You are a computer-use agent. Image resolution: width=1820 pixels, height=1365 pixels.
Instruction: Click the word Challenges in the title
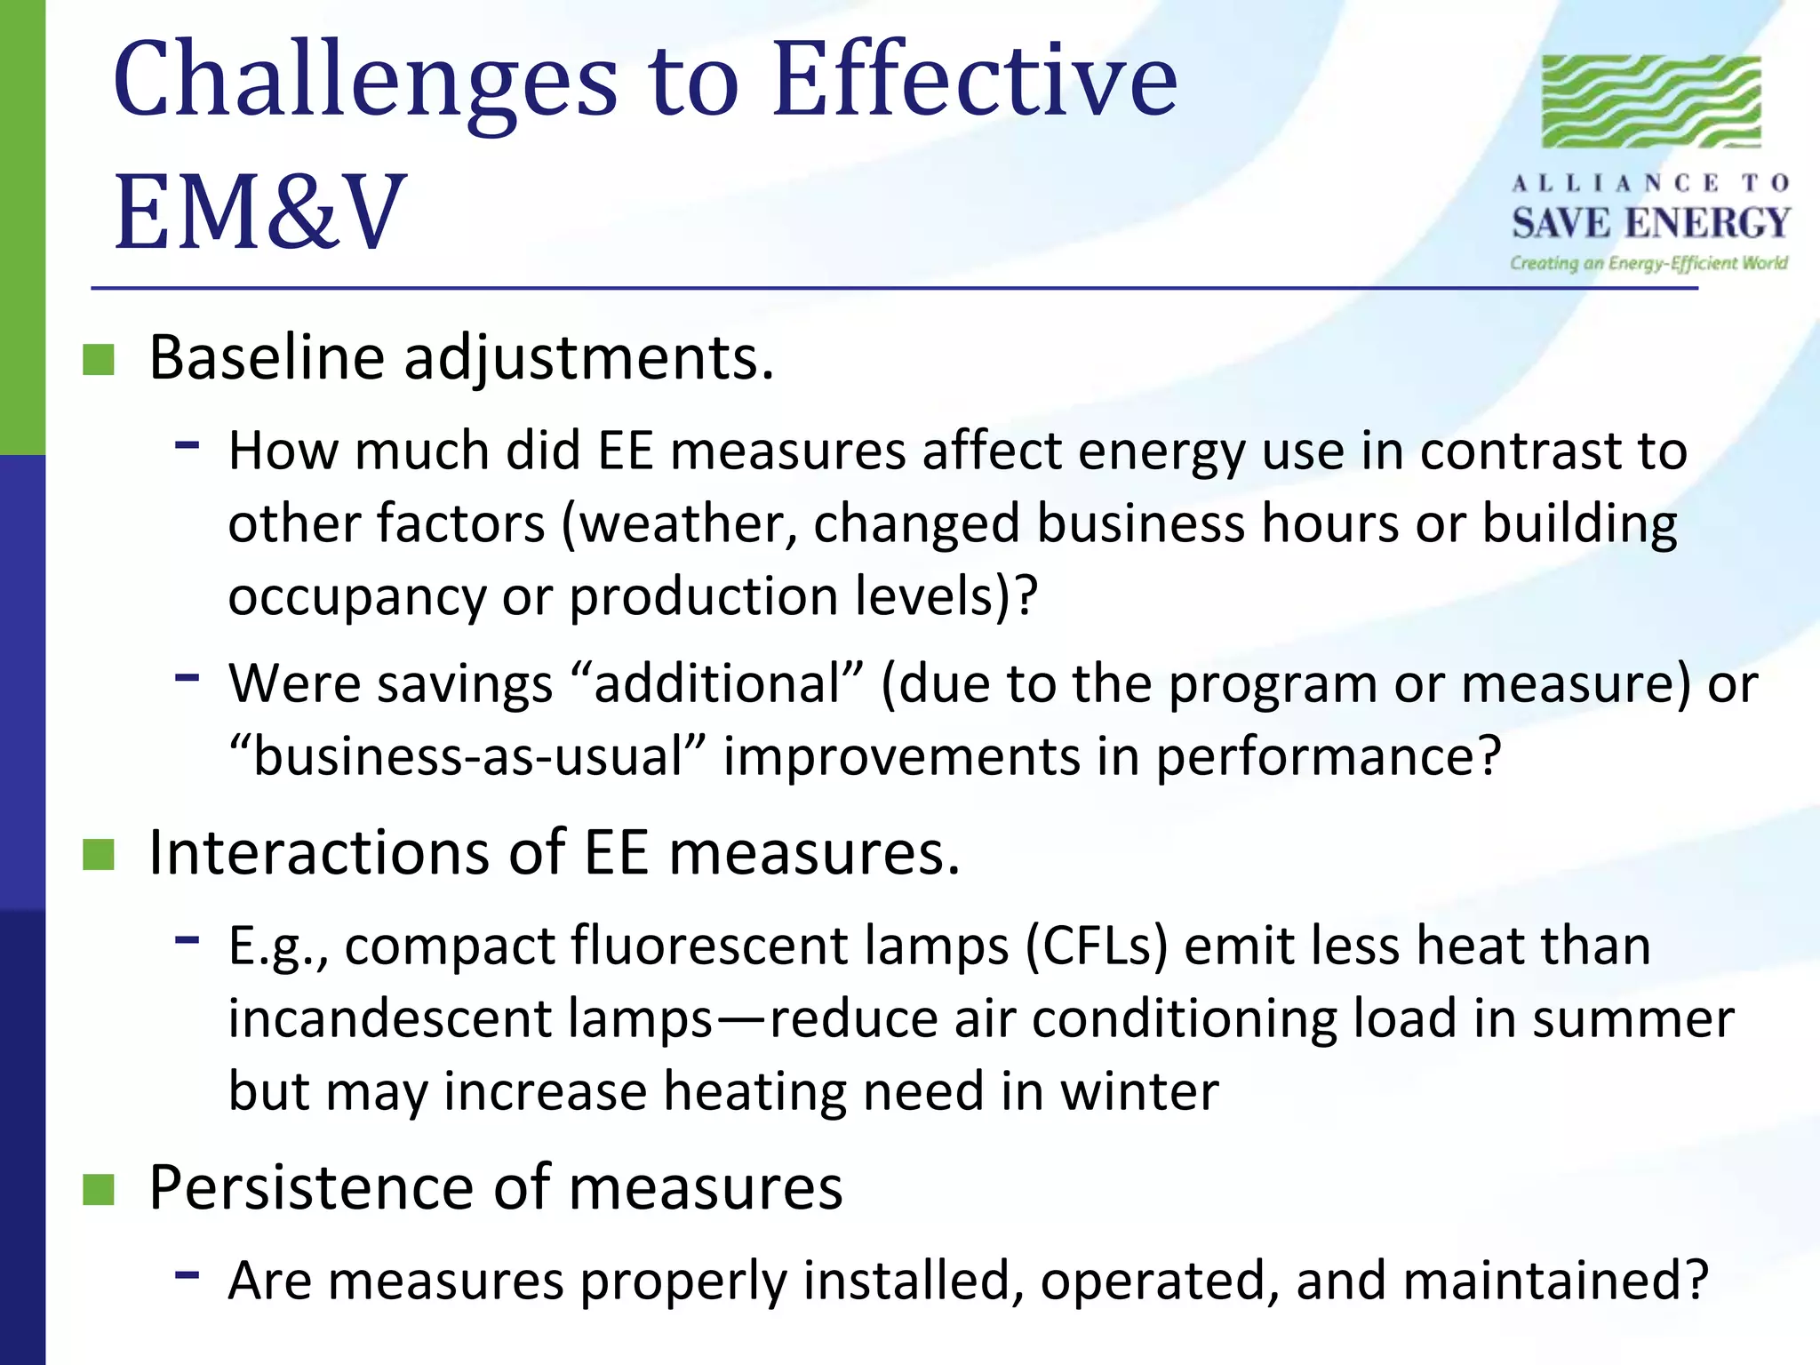[364, 82]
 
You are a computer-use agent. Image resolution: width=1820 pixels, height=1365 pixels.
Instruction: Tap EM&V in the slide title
[259, 213]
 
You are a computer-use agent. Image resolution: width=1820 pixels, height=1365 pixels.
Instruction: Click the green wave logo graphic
[1651, 101]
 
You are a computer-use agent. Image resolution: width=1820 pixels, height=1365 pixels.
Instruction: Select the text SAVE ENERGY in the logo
[1651, 223]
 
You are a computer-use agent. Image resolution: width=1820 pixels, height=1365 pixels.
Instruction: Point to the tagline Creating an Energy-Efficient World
[1648, 263]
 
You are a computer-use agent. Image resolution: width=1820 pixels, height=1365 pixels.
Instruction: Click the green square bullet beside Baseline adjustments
[99, 360]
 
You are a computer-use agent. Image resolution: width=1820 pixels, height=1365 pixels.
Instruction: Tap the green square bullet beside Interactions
[99, 854]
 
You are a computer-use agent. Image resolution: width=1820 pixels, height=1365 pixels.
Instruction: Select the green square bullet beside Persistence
[99, 1189]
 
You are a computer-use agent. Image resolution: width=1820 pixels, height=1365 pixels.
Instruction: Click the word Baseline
[267, 358]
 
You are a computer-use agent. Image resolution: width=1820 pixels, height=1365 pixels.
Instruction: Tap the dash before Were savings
[187, 677]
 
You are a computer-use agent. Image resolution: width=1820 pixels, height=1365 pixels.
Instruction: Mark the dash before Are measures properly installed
[187, 1274]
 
